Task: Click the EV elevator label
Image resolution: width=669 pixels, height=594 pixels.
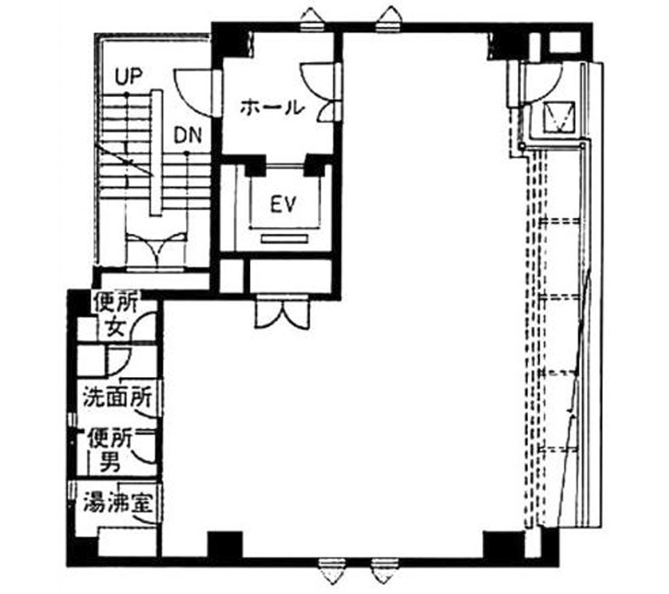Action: click(x=283, y=205)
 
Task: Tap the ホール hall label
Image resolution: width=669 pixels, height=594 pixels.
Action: click(x=272, y=107)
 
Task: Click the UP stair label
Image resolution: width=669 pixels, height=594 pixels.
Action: click(x=128, y=77)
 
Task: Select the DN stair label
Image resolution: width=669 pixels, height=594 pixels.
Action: click(x=188, y=136)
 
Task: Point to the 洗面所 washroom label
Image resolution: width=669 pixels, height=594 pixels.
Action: click(x=117, y=397)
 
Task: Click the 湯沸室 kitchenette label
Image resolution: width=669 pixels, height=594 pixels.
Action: click(x=117, y=502)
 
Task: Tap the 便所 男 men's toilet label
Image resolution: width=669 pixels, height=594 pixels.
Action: click(x=110, y=450)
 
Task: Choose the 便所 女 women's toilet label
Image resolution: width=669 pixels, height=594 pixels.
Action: click(x=116, y=316)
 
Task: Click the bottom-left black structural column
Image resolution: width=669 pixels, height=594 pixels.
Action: click(x=225, y=545)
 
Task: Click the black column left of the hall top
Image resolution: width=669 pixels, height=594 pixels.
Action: click(x=230, y=40)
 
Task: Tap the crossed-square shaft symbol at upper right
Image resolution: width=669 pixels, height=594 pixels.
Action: click(x=559, y=117)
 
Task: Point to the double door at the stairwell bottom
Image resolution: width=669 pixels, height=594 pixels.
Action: click(x=157, y=251)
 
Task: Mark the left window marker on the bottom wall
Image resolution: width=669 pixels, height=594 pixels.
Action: click(x=332, y=571)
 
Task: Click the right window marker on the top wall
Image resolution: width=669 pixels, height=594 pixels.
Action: click(x=389, y=20)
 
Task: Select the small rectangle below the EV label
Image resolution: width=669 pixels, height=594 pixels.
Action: click(x=285, y=239)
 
